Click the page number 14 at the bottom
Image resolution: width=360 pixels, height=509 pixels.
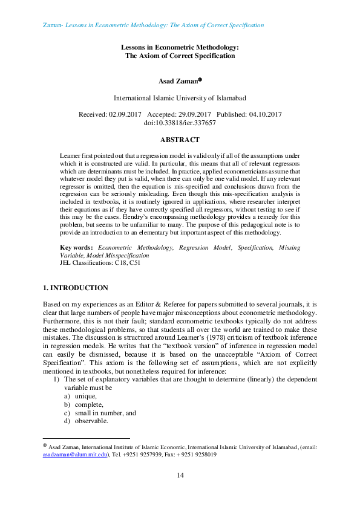(x=180, y=476)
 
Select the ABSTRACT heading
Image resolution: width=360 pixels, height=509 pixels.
(x=180, y=140)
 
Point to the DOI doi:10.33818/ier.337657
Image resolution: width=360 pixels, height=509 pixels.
(x=180, y=123)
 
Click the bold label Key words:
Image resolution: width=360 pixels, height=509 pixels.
(x=76, y=248)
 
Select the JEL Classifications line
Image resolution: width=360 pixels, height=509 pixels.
(x=94, y=263)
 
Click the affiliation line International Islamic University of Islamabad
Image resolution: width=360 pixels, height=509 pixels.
(x=180, y=97)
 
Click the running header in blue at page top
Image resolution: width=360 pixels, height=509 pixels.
(x=154, y=25)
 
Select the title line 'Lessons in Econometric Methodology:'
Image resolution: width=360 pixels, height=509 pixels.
(x=180, y=47)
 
